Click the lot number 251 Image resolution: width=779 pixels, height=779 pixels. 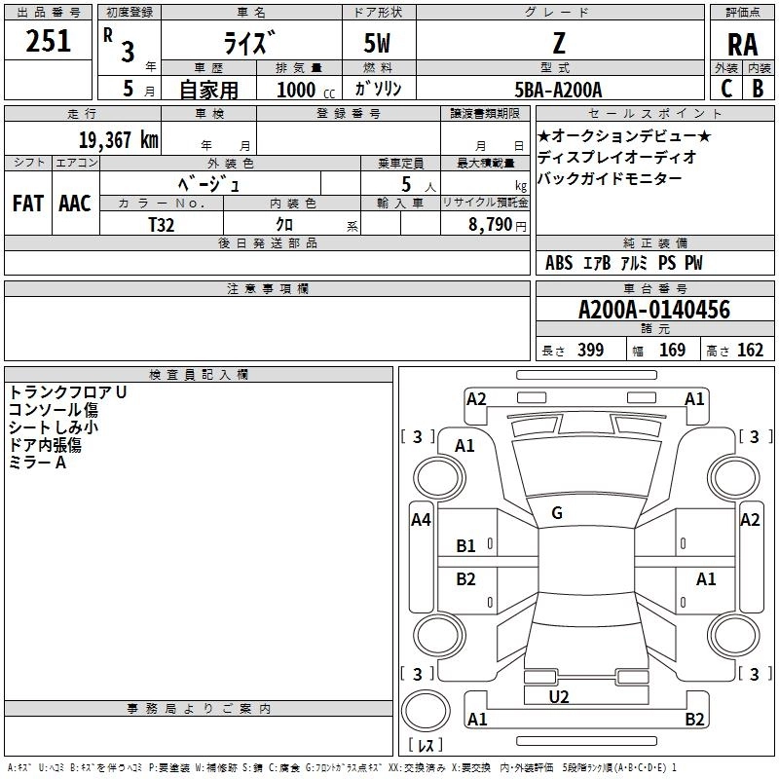(49, 41)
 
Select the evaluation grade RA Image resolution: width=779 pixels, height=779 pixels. (742, 45)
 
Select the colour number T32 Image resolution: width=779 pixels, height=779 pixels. (162, 224)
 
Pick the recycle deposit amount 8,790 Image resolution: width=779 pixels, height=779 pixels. (491, 224)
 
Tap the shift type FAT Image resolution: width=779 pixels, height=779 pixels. (27, 204)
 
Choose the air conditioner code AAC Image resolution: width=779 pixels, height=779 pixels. (75, 204)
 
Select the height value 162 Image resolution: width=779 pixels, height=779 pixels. (750, 351)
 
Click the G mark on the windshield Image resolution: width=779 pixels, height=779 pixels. (557, 513)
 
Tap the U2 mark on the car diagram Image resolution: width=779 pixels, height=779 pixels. (559, 696)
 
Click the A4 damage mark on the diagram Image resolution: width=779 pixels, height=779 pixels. (421, 520)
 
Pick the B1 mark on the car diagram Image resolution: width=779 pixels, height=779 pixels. (466, 546)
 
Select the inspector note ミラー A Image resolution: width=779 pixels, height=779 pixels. (37, 463)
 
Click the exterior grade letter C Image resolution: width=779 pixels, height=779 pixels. (725, 89)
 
